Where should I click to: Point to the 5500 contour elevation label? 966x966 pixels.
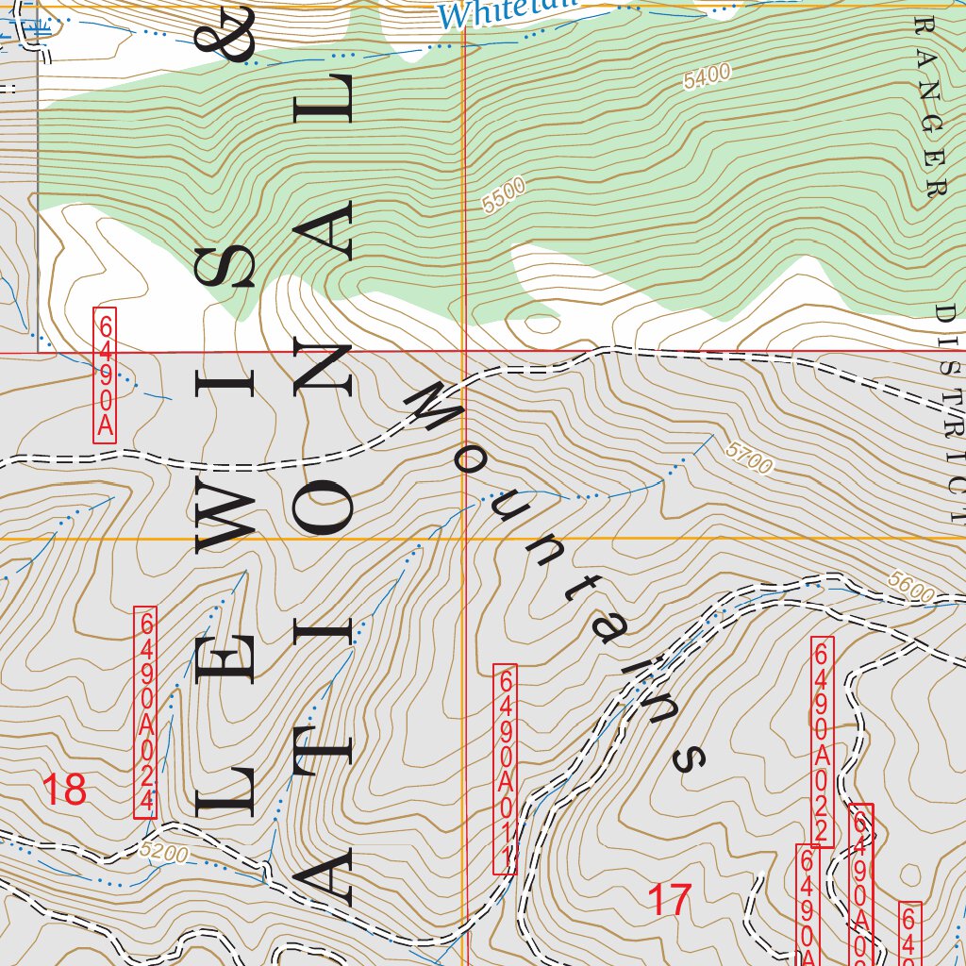click(x=502, y=196)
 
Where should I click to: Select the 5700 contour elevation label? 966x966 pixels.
click(x=750, y=458)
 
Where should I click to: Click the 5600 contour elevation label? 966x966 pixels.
click(x=910, y=587)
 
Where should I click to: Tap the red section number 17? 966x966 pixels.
click(x=670, y=900)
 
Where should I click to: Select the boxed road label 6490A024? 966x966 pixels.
click(x=145, y=712)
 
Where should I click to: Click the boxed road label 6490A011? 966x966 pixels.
click(x=505, y=769)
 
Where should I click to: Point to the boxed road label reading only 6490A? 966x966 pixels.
click(x=104, y=375)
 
